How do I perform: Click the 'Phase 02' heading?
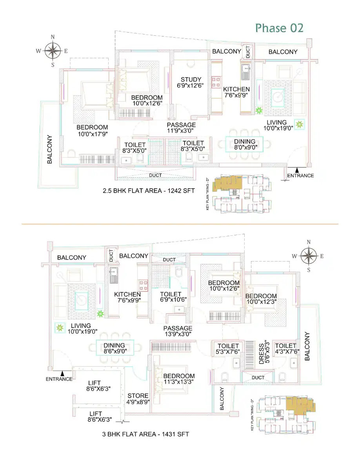coord(279,28)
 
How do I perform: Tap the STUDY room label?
coord(191,80)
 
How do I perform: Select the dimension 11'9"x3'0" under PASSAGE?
coord(180,131)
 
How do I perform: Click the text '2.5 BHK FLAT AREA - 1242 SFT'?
coord(149,191)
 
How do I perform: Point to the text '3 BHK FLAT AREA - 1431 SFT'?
coord(145,434)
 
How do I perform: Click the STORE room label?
coord(138,396)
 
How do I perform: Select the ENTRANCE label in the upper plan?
coord(300,176)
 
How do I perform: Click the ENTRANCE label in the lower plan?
coord(59,379)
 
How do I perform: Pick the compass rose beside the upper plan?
coord(53,51)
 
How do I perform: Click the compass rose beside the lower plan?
coord(309,256)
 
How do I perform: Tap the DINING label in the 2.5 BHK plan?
coord(245,142)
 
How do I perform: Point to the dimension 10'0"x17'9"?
coord(93,134)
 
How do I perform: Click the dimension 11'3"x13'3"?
coord(178,382)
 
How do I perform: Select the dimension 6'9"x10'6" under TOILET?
coord(173,300)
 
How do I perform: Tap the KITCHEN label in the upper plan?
coord(236,89)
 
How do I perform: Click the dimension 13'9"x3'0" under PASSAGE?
coord(178,334)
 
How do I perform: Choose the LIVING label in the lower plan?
coord(81,326)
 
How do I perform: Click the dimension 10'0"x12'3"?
coord(262,302)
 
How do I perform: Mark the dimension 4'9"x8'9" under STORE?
coord(138,402)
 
